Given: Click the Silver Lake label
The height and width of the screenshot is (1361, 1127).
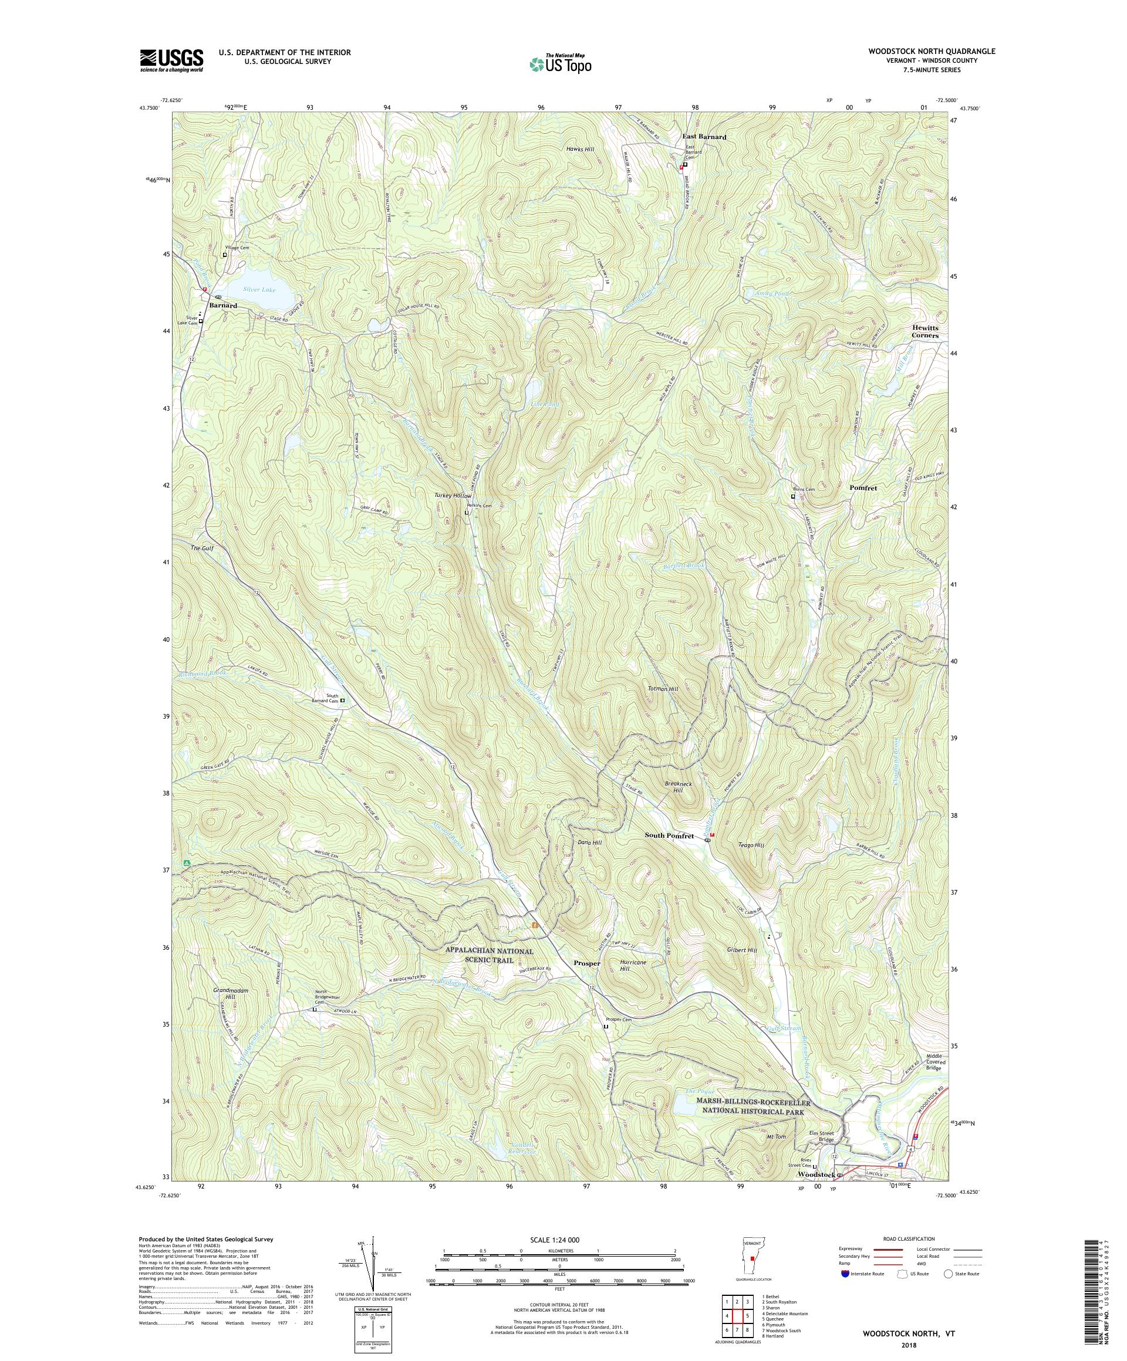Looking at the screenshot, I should coord(259,290).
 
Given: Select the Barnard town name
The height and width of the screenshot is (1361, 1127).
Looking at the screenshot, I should coord(222,305).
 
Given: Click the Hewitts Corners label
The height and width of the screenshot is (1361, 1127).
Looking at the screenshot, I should coord(924,332).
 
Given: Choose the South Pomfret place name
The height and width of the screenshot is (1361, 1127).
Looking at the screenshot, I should coord(669,836).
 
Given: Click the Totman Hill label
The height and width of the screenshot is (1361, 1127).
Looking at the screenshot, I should coord(662,689).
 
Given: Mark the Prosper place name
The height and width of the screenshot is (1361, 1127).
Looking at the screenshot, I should coord(587,963).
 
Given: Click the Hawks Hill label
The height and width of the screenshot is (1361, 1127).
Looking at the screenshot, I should coord(580,149).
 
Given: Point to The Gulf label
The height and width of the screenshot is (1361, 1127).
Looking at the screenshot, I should coord(202,549).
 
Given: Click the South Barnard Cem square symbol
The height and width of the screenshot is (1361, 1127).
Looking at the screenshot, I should coord(343,700).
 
